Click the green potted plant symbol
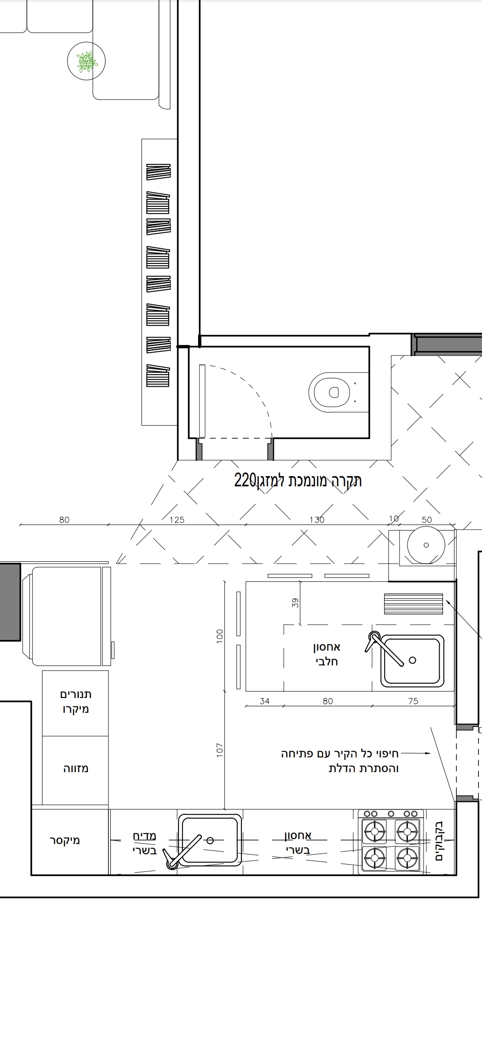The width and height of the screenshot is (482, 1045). [86, 62]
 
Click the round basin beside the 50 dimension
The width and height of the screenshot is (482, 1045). [426, 545]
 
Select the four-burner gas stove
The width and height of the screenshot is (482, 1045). [391, 841]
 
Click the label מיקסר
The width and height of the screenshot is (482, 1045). [65, 840]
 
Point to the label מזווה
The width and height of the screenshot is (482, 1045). [76, 769]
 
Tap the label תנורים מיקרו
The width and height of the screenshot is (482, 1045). [76, 702]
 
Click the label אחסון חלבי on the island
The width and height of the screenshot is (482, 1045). [327, 654]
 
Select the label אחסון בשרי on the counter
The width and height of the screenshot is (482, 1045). [298, 842]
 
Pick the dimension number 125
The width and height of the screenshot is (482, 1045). [177, 520]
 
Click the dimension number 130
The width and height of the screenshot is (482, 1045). [317, 520]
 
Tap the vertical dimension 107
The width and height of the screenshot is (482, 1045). [219, 750]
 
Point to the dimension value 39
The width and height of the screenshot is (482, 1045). [295, 603]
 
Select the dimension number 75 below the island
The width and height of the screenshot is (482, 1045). [413, 701]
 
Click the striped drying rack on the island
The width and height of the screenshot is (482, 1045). [413, 604]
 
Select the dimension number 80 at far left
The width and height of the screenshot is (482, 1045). [64, 520]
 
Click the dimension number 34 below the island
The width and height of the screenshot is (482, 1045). [265, 701]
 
